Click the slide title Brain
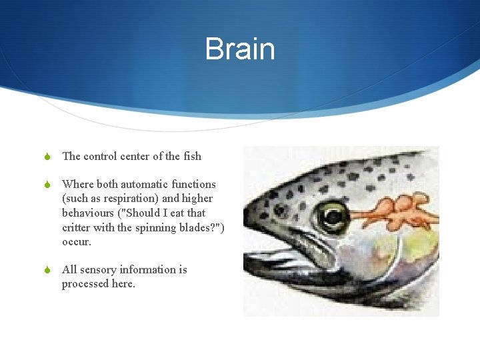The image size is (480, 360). pos(239,49)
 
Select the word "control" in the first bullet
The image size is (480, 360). pos(100,157)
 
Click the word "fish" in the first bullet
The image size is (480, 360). pos(192,157)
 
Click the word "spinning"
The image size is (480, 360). pos(159,227)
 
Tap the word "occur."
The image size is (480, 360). pos(77,241)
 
